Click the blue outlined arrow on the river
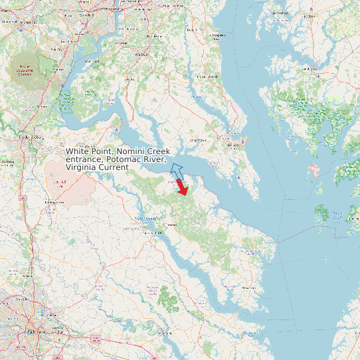(177, 171)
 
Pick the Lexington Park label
(233, 145)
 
